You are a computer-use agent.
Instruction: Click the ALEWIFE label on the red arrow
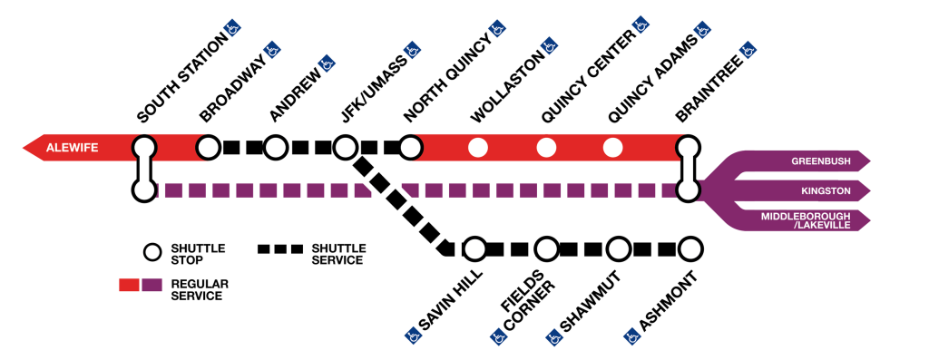pyautogui.click(x=73, y=147)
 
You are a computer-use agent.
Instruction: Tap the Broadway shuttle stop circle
pyautogui.click(x=209, y=147)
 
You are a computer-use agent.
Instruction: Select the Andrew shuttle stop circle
pyautogui.click(x=277, y=147)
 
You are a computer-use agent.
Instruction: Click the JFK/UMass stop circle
pyautogui.click(x=345, y=147)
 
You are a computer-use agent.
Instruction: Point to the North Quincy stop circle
pyautogui.click(x=411, y=147)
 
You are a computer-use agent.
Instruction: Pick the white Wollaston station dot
pyautogui.click(x=478, y=147)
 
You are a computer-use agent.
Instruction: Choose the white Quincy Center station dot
pyautogui.click(x=545, y=147)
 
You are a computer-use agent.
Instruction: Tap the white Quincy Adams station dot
pyautogui.click(x=612, y=147)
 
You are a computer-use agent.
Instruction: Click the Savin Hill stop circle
pyautogui.click(x=474, y=248)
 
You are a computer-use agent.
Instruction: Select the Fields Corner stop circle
pyautogui.click(x=546, y=248)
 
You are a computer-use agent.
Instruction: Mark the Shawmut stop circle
pyautogui.click(x=618, y=248)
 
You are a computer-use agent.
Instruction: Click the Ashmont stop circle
pyautogui.click(x=689, y=248)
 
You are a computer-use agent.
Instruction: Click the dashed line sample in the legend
pyautogui.click(x=280, y=248)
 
